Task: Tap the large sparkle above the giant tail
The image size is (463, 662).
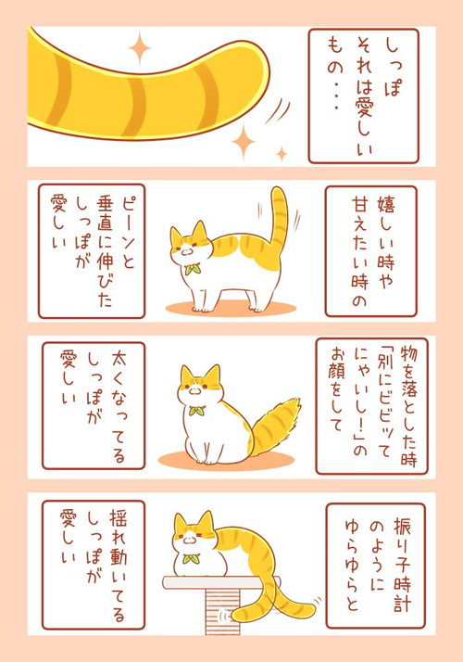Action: (x=140, y=46)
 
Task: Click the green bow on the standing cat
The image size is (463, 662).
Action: (x=191, y=270)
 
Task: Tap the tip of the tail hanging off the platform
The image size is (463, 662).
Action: (x=239, y=613)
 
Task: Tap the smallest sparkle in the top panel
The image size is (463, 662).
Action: (x=282, y=154)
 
